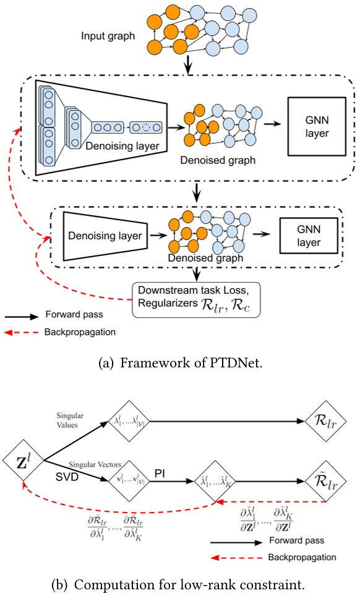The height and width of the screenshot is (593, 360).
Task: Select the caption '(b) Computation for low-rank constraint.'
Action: pyautogui.click(x=180, y=582)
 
